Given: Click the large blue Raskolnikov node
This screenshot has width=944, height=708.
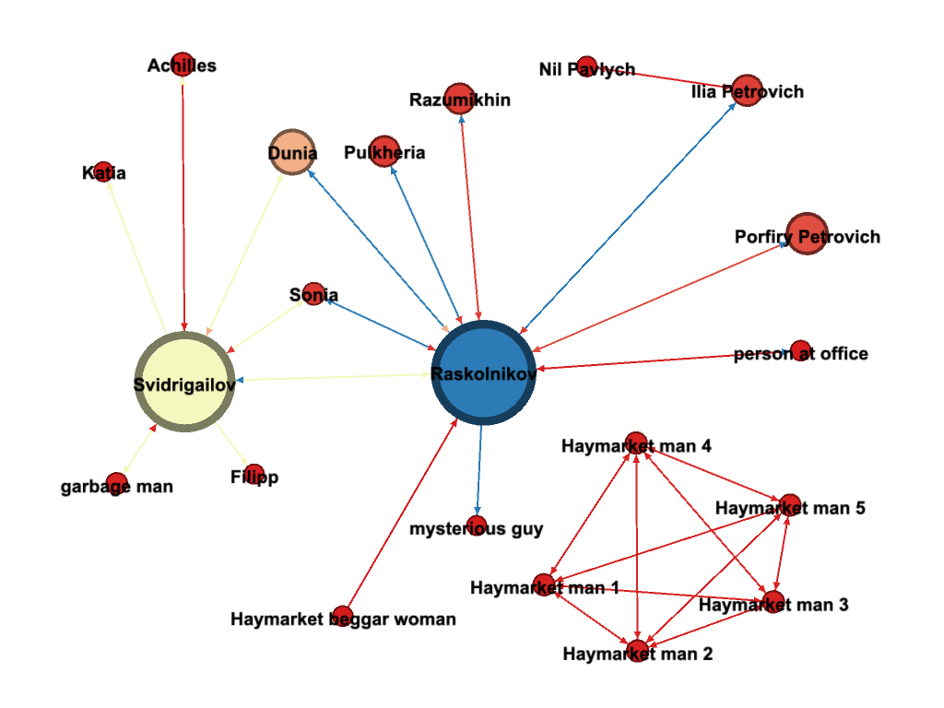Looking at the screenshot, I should pos(482,373).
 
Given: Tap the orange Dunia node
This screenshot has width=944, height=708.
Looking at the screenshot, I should pos(292,153).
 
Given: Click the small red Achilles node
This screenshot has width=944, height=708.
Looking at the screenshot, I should pos(183,63).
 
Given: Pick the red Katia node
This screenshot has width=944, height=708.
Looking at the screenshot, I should pos(103,171).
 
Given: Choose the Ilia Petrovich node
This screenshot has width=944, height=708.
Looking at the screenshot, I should pos(748,90).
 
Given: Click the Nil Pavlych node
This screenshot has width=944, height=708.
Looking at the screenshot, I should pos(586,66).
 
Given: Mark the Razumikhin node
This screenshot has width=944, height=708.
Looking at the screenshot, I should pos(459,98).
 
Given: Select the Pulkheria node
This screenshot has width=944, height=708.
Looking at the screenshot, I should pos(384,150).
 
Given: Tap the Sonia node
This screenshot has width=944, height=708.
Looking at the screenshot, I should pos(313,293).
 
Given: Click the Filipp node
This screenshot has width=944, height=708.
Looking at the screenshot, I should pos(254,474).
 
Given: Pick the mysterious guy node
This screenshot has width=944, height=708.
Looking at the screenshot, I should pos(477,526).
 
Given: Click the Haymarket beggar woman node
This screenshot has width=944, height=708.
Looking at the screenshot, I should pos(342,616).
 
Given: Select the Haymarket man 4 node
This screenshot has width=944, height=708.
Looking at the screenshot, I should pos(635,442).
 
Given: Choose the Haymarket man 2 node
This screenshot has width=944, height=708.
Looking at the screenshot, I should pos(637,650).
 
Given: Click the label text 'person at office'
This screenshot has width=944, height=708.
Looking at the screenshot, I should pos(800,354).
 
